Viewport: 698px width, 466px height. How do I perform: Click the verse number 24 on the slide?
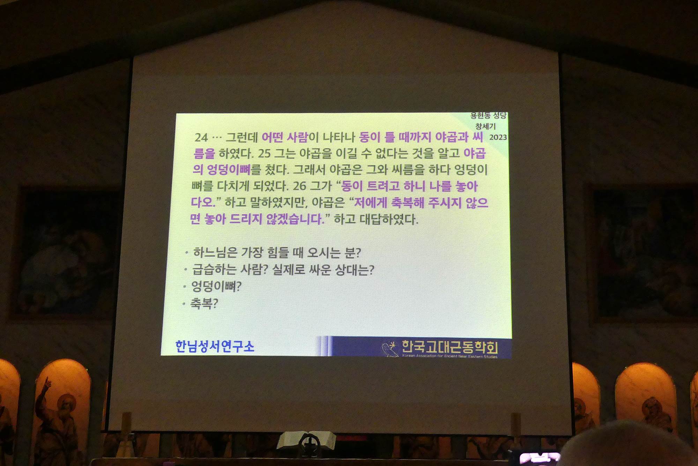pos(201,137)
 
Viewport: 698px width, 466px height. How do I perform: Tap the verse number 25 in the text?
pos(264,153)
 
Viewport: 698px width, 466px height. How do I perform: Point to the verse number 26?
pos(299,186)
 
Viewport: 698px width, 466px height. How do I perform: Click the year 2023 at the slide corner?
pos(498,137)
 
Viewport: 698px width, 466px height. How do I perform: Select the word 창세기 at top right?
pos(485,126)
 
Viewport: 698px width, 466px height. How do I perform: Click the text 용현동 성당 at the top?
pos(488,115)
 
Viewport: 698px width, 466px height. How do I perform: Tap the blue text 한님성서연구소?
pos(215,346)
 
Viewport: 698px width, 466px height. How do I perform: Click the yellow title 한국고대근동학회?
pos(450,347)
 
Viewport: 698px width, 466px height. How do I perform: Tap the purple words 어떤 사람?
pos(284,137)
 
